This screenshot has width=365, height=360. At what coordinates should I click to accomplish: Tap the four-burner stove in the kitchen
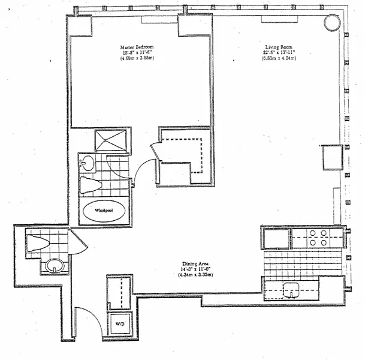point(317,238)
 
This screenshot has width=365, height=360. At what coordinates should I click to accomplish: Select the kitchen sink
point(292,289)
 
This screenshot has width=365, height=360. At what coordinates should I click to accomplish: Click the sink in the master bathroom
point(88,162)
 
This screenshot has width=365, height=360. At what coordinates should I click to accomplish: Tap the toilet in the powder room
point(37,243)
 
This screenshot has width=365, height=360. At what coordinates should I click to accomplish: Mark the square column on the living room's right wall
point(331,157)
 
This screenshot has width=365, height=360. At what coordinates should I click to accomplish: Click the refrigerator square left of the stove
point(276,238)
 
